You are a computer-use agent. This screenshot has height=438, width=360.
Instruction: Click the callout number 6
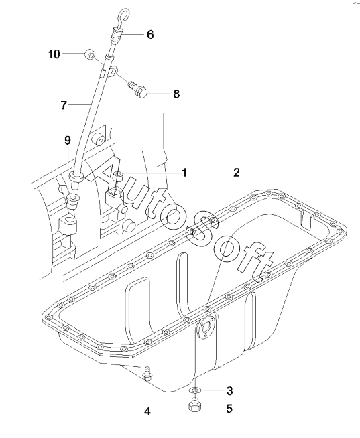150,35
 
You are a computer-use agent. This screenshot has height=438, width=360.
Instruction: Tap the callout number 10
54,54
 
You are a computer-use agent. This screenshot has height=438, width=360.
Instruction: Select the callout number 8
176,94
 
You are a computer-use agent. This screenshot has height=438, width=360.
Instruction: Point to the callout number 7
64,105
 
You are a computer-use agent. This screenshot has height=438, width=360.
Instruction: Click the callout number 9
68,140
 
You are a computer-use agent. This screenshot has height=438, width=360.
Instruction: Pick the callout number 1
184,173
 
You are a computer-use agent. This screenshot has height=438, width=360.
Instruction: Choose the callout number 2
237,173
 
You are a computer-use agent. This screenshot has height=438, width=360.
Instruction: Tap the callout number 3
229,391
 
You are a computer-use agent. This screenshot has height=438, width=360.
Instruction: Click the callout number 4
147,411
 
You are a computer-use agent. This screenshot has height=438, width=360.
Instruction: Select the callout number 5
229,409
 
